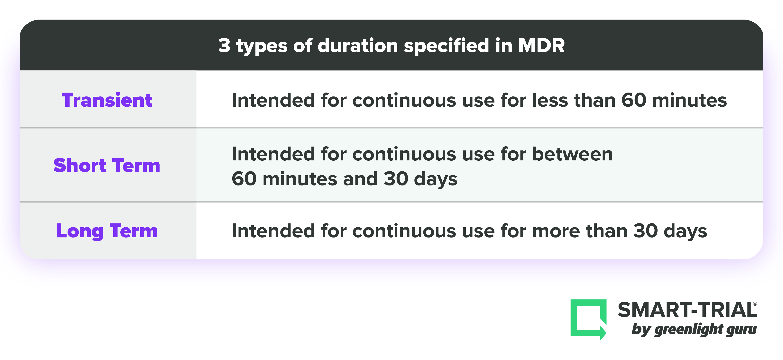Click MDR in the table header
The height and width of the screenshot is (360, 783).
click(541, 46)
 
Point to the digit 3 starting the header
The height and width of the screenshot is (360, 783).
click(224, 46)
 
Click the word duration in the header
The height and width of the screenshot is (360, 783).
click(358, 46)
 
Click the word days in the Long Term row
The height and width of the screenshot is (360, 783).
click(686, 231)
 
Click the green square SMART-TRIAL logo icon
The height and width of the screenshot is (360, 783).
click(588, 319)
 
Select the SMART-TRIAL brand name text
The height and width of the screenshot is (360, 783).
click(687, 310)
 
